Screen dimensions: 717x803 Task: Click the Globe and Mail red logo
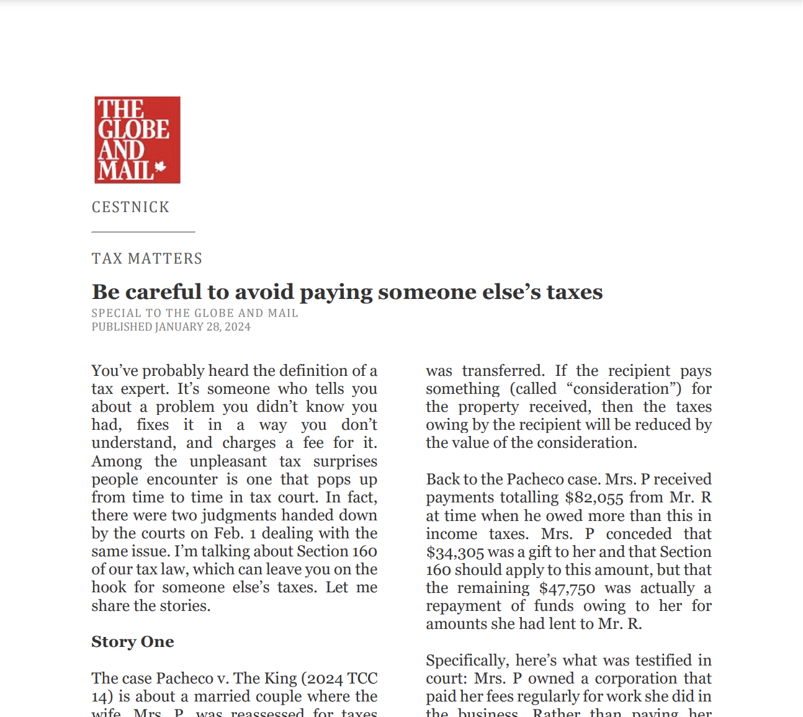click(137, 140)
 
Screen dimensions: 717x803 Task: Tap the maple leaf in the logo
click(160, 167)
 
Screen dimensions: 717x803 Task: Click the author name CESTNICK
click(130, 207)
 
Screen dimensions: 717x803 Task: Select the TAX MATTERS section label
click(147, 259)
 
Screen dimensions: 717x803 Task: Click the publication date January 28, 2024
click(203, 327)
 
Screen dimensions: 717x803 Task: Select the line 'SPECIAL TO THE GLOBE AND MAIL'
click(195, 313)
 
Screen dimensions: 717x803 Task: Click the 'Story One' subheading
click(133, 642)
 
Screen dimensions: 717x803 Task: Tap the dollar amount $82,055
click(594, 497)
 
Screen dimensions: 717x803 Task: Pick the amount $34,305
click(455, 552)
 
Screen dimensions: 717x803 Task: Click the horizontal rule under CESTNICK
click(143, 232)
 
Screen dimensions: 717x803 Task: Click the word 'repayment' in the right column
click(463, 606)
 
